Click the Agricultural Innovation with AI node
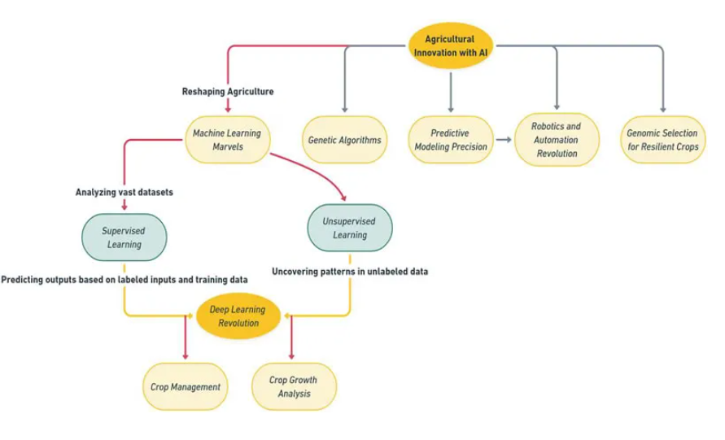pos(450,46)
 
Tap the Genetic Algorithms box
pos(344,140)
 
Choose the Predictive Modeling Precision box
pos(451,140)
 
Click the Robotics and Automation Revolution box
pos(557,139)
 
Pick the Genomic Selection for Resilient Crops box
pos(662,140)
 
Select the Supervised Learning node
pos(123,237)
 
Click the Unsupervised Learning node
pos(350,228)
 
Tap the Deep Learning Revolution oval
pos(238,316)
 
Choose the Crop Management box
pos(186,386)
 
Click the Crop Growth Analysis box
pos(292,386)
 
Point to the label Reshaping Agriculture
pos(228,92)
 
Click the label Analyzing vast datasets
pos(123,192)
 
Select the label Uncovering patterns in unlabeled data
pos(350,272)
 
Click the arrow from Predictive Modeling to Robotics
pos(504,140)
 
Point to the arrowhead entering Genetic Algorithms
pos(344,108)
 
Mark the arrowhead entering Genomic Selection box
pos(662,108)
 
